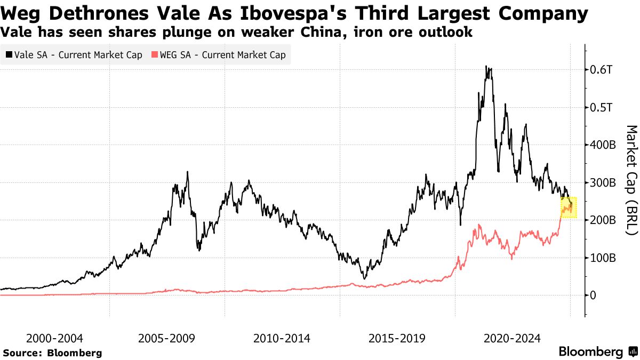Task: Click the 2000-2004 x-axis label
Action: point(55,338)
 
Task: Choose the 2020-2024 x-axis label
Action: point(513,338)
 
